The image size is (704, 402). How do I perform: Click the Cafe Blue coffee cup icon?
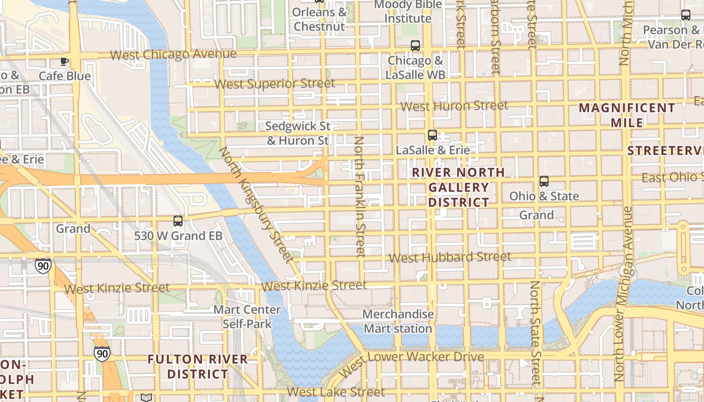[x=64, y=62]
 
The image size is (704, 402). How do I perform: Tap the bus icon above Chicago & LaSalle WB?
[x=415, y=46]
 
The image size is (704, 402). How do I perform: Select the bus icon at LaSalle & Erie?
[x=432, y=135]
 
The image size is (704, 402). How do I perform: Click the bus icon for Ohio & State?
[x=544, y=181]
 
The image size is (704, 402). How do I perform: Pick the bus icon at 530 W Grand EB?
[x=178, y=221]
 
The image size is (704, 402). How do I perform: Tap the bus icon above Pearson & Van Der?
[x=686, y=15]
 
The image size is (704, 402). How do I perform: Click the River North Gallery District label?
[x=458, y=187]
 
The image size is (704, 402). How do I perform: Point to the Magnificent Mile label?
[x=627, y=115]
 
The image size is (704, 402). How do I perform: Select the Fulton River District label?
[x=198, y=367]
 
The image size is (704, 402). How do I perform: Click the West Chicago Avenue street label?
[x=173, y=54]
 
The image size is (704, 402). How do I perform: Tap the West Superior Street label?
[x=275, y=84]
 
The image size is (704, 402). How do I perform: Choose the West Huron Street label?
[x=454, y=106]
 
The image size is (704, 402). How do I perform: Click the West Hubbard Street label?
[x=450, y=257]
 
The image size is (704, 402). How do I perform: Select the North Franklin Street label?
[x=360, y=196]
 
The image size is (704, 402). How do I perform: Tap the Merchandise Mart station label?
[x=398, y=322]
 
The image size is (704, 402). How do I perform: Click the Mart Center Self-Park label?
[x=247, y=317]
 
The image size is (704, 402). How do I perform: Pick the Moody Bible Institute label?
[x=408, y=12]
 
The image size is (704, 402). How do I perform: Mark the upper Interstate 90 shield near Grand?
[x=43, y=265]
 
